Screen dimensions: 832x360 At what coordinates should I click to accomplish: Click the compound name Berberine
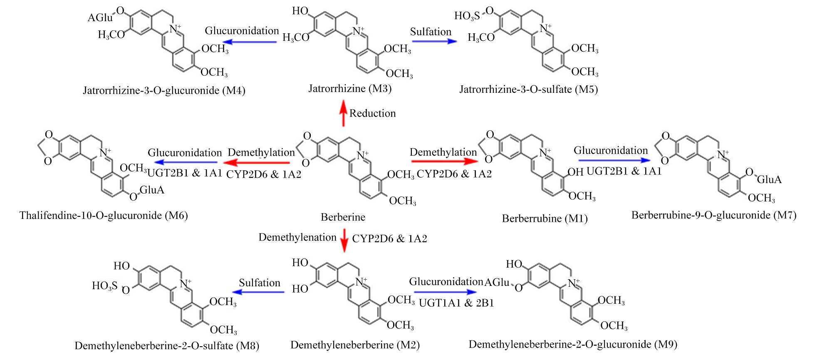(343, 217)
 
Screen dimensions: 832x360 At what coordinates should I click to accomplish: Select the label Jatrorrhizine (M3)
(350, 88)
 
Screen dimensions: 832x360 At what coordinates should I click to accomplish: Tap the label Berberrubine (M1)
(545, 218)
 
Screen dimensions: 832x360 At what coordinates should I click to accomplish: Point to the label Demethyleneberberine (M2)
(355, 345)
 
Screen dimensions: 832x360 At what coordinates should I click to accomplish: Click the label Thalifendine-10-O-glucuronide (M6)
(104, 216)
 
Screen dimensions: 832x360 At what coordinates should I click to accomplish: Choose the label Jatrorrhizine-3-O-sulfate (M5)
(528, 89)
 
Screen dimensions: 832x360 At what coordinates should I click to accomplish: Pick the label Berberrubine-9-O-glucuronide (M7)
(714, 215)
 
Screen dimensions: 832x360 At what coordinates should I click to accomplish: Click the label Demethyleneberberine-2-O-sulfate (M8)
(167, 346)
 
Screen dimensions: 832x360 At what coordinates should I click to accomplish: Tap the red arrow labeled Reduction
(343, 113)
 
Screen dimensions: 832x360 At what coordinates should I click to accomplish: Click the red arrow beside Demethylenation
(344, 241)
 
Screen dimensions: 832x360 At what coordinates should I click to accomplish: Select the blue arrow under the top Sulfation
(434, 41)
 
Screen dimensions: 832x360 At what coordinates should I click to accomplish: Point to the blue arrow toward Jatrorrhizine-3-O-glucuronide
(250, 42)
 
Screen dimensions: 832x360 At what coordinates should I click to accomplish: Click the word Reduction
(372, 113)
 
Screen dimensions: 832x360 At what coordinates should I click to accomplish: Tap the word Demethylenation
(297, 237)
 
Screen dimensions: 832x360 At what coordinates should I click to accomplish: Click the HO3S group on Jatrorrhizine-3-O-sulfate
(467, 16)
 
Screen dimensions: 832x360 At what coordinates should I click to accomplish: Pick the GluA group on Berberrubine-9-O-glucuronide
(769, 179)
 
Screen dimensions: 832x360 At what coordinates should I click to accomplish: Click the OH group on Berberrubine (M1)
(575, 172)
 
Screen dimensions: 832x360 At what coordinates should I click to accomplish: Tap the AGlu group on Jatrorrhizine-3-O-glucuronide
(100, 17)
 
